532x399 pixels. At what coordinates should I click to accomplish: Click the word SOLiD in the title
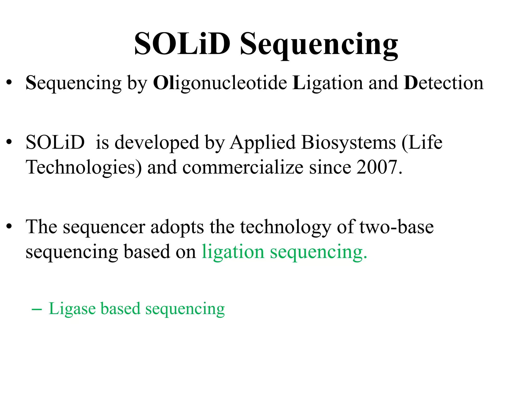[182, 44]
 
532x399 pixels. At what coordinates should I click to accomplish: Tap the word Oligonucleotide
[220, 83]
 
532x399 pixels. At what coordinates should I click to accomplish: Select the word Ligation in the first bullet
[328, 83]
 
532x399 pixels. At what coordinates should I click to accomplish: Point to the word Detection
[443, 83]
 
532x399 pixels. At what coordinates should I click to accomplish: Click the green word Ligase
[72, 309]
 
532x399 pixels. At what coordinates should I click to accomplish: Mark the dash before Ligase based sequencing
[37, 310]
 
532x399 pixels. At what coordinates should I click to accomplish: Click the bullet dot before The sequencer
[9, 226]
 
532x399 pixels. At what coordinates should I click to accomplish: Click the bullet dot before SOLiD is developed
[9, 142]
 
